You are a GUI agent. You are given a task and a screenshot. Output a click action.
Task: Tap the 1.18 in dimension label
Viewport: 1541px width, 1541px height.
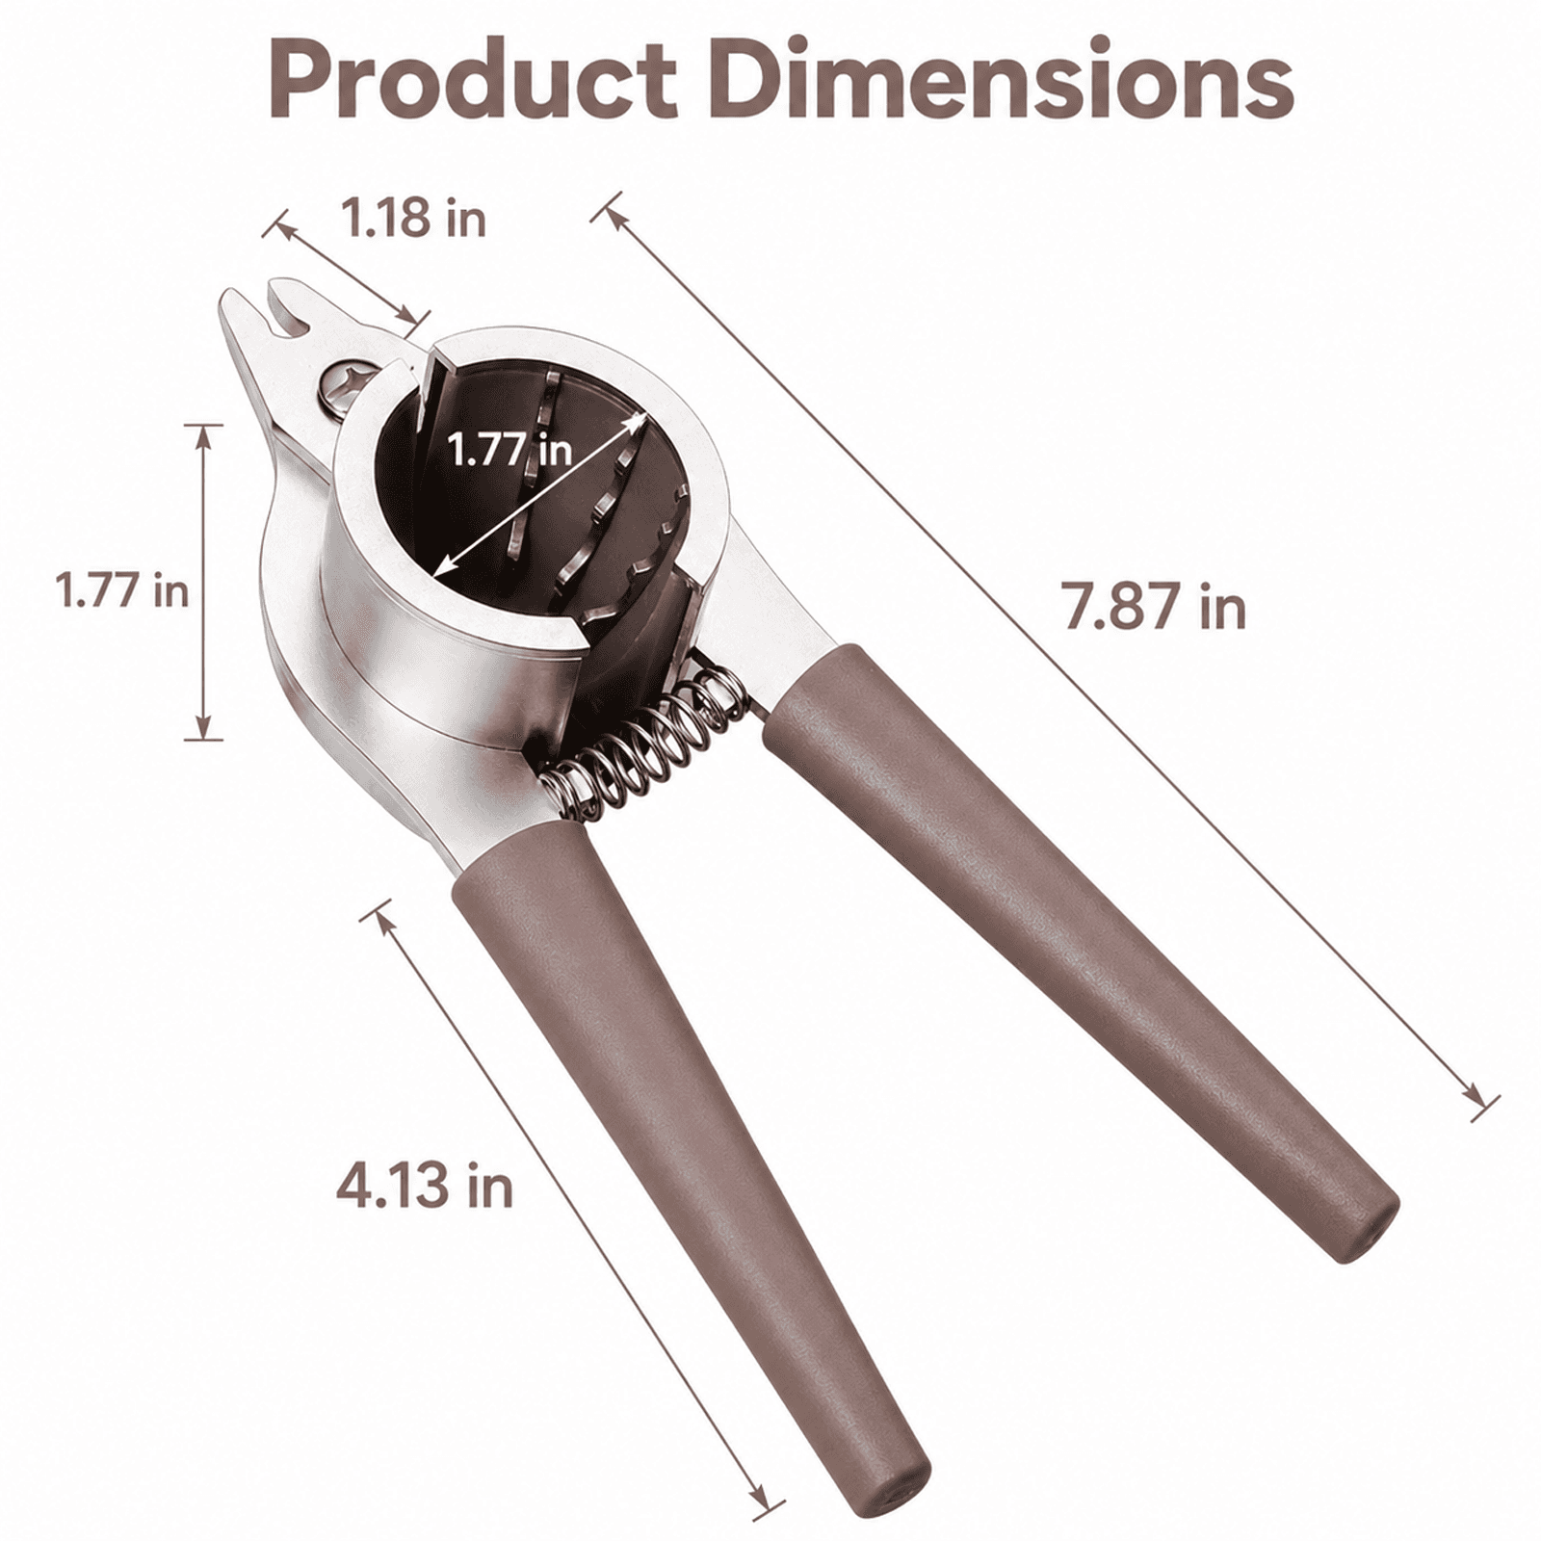[414, 219]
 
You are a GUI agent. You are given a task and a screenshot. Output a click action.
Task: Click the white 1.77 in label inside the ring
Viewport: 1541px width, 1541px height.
[510, 449]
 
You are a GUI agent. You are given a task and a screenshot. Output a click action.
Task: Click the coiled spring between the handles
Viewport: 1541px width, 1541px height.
[640, 742]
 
